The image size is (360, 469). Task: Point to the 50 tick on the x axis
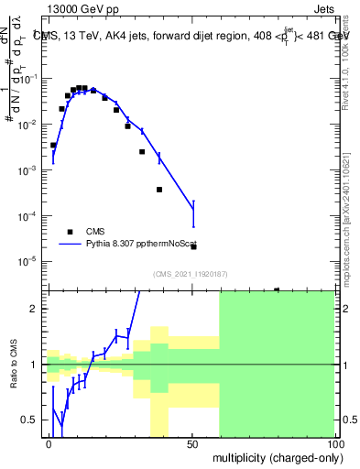click(192, 442)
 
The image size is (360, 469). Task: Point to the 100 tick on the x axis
click(334, 442)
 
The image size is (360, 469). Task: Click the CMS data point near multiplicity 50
click(193, 246)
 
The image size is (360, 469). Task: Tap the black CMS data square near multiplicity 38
click(159, 190)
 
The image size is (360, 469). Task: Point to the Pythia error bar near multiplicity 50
click(193, 213)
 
